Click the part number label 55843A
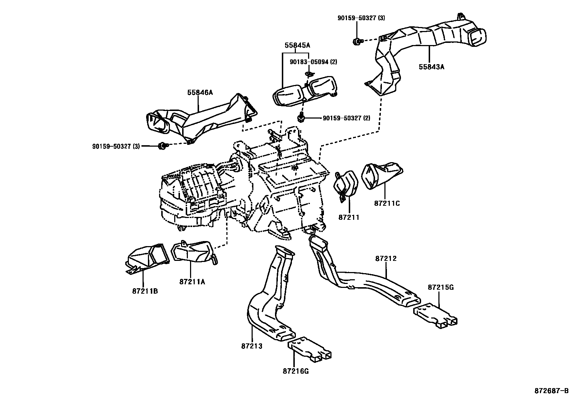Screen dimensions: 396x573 click(431, 67)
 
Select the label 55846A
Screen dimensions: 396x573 click(200, 93)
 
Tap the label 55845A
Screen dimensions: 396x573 click(297, 45)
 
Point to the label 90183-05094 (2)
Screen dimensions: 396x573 click(313, 62)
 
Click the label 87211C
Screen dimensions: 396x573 click(387, 203)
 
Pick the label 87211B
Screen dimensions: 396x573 click(145, 291)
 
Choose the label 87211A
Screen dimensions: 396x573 click(192, 282)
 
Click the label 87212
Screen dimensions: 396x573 click(386, 258)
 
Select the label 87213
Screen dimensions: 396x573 click(252, 346)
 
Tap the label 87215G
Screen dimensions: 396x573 click(441, 287)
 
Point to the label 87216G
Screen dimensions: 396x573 click(296, 371)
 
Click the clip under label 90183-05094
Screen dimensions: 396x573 click(308, 74)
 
